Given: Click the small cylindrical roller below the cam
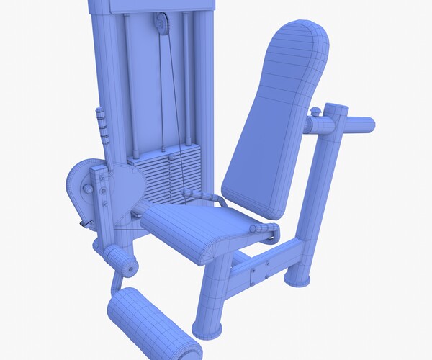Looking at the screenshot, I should coord(122,263).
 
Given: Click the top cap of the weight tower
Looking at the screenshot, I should coord(151,6).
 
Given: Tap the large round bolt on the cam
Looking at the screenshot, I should coord(89,189).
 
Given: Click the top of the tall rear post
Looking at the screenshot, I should coord(336,112).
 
